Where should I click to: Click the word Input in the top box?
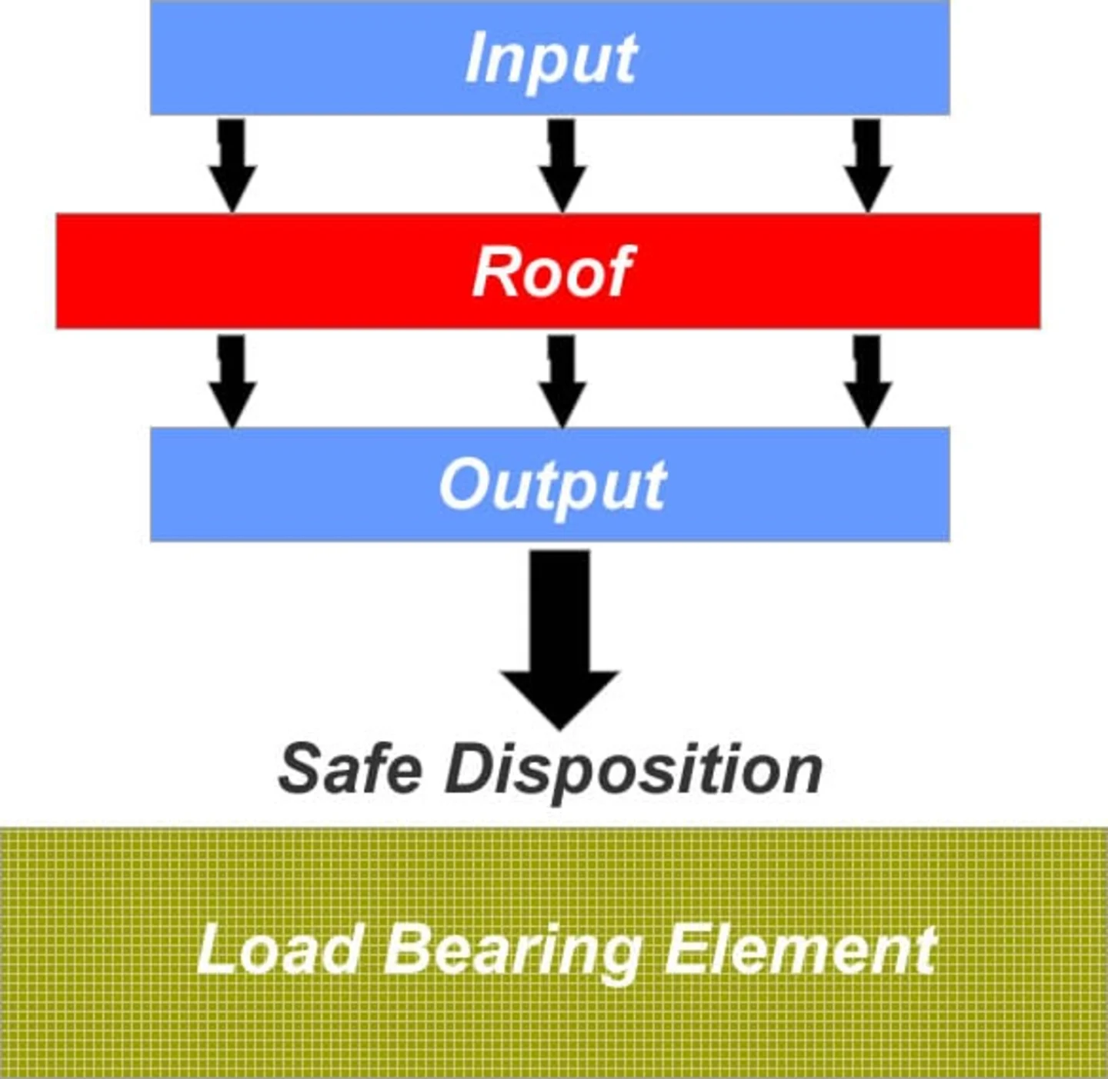coord(551,59)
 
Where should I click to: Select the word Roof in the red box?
coord(552,271)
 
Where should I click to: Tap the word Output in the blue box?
coord(552,485)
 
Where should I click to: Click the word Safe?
coord(350,768)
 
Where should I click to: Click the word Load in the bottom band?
coord(280,949)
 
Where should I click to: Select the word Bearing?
coord(512,951)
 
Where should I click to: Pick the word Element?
coord(799,949)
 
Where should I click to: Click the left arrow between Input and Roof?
coord(232,165)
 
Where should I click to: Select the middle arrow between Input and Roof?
coord(562,165)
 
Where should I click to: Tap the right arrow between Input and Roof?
coord(867,165)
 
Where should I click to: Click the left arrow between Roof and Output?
coord(232,380)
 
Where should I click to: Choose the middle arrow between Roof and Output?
coord(562,380)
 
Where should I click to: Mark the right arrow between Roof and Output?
coord(867,380)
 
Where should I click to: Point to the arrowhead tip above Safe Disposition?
coord(560,724)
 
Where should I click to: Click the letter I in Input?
coord(478,58)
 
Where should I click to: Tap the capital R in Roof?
coord(493,271)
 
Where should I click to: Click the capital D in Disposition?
coord(469,768)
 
